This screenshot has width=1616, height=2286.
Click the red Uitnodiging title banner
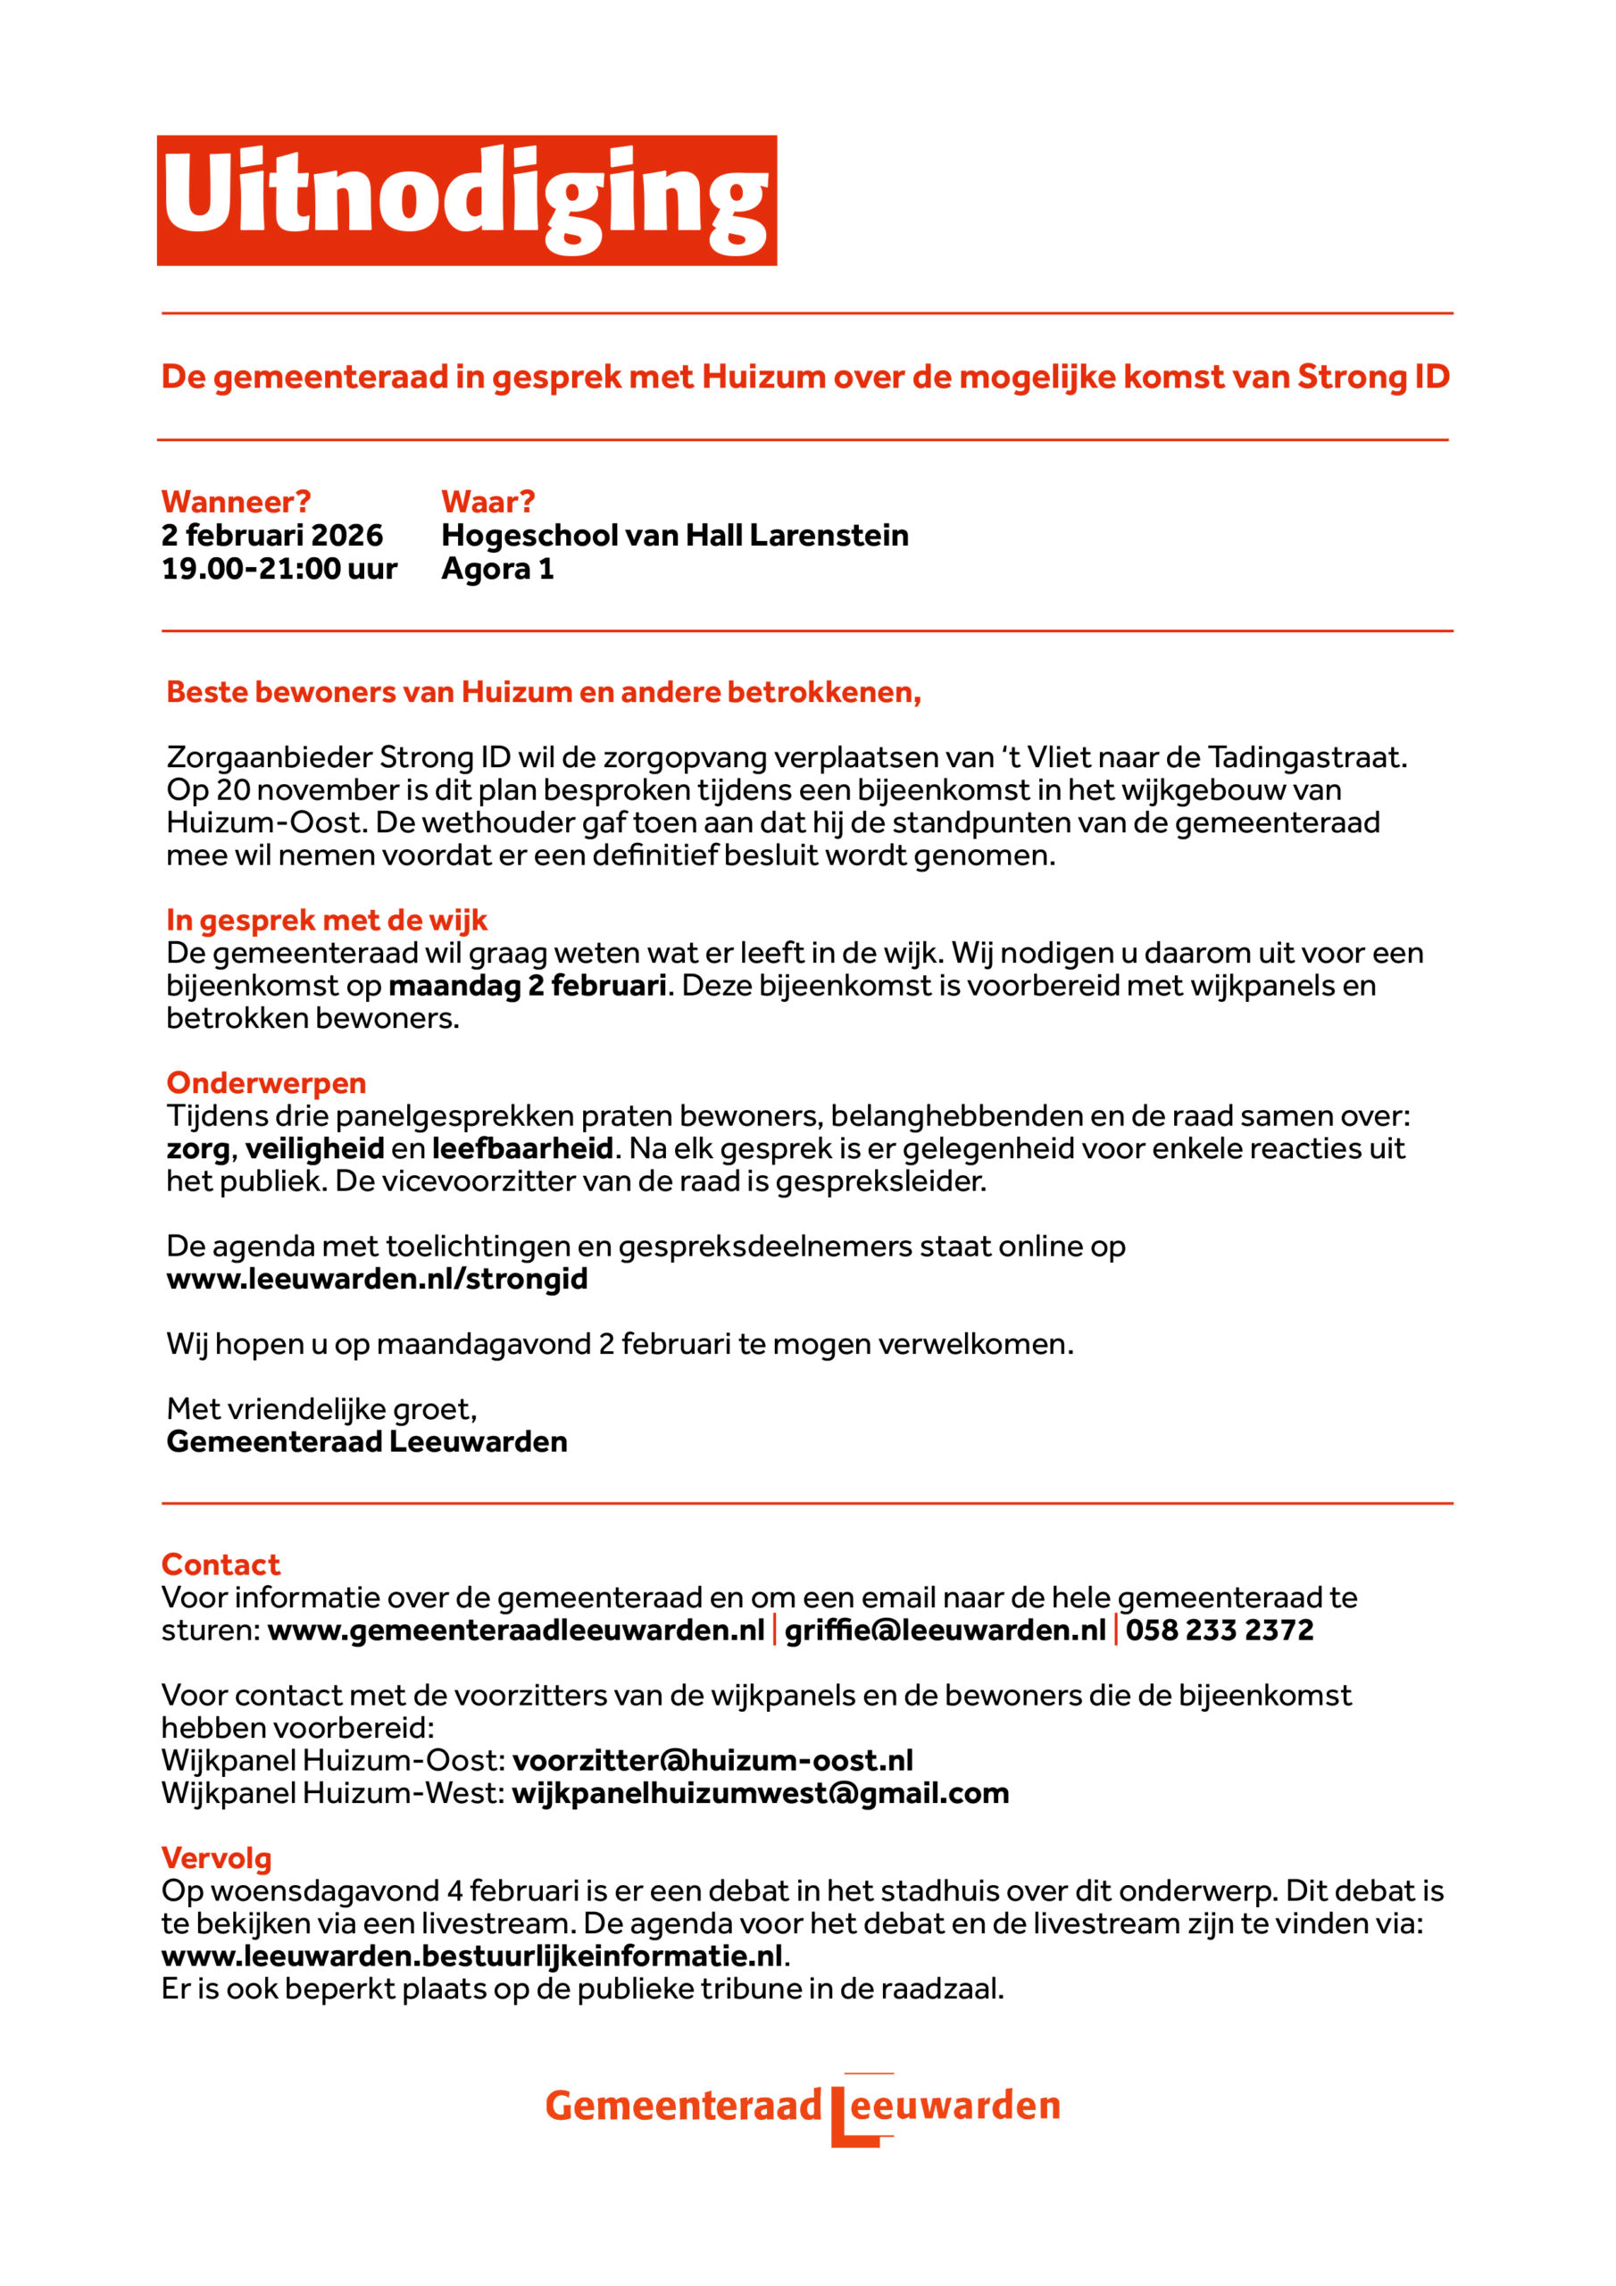[466, 200]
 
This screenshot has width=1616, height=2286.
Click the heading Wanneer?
[236, 501]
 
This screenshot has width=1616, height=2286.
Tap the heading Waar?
[487, 501]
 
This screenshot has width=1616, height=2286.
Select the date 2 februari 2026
[271, 535]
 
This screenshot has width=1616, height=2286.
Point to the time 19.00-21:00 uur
[279, 569]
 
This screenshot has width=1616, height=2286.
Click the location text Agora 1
[496, 569]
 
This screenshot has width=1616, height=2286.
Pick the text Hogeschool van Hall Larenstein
[674, 535]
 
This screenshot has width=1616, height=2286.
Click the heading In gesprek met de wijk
[327, 920]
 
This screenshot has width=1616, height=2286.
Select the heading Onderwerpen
[266, 1082]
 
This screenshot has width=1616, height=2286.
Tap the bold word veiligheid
[314, 1148]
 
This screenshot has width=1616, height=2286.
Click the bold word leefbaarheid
[521, 1148]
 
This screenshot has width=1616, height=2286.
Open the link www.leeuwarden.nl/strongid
[377, 1279]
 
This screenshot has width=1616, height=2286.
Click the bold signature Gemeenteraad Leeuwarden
[366, 1441]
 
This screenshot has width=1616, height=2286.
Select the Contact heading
[221, 1564]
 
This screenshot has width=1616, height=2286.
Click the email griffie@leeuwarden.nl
[945, 1630]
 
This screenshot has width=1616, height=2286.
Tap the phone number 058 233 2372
[1220, 1630]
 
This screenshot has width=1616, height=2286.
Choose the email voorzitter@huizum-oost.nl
[712, 1760]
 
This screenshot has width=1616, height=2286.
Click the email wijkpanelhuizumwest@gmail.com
[761, 1793]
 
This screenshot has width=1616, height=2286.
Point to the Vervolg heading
[216, 1858]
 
